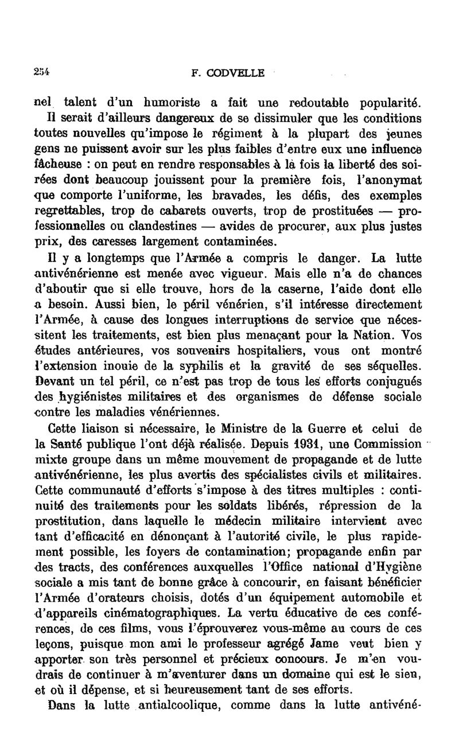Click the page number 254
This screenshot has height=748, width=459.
coord(42,72)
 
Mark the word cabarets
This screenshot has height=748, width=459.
coord(168,209)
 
